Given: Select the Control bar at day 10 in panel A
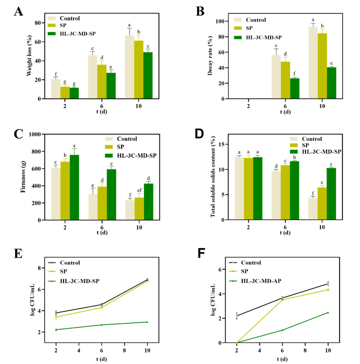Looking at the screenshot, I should tap(129, 67).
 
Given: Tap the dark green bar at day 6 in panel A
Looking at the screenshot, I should tap(111, 86).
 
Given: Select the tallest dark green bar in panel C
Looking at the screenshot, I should tap(74, 188).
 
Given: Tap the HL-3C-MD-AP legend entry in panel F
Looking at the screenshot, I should tap(262, 281).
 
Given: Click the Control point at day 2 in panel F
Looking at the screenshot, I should tap(237, 316).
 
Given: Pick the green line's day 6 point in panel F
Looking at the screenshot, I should tap(282, 330).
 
